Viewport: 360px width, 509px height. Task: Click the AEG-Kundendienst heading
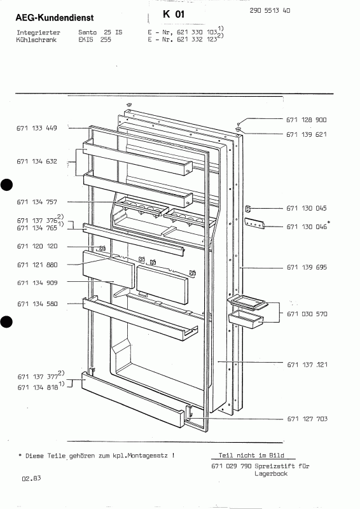[55, 18]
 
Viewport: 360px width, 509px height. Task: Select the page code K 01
[174, 14]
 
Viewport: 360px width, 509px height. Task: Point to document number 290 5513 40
[270, 10]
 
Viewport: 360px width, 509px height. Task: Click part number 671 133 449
[37, 128]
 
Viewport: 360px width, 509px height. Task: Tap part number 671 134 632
[37, 162]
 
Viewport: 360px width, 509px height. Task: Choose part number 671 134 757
[37, 202]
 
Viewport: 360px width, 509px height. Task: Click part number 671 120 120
[37, 246]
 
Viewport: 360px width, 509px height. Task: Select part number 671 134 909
[38, 282]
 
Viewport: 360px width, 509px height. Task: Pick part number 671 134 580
[38, 304]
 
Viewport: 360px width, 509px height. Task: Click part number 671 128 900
[307, 120]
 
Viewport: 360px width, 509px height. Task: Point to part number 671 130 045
[307, 209]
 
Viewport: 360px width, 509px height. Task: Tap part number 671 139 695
[307, 267]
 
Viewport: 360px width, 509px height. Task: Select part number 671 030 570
[307, 314]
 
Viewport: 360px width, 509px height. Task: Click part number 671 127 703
[307, 419]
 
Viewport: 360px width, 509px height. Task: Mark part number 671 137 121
[307, 365]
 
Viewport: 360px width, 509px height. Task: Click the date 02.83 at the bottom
[32, 478]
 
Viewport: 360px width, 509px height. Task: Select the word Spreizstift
[275, 466]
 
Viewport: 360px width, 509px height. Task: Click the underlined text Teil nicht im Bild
[251, 456]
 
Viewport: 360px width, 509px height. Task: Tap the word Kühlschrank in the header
[36, 40]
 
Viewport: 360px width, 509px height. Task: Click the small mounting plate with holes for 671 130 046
[254, 223]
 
